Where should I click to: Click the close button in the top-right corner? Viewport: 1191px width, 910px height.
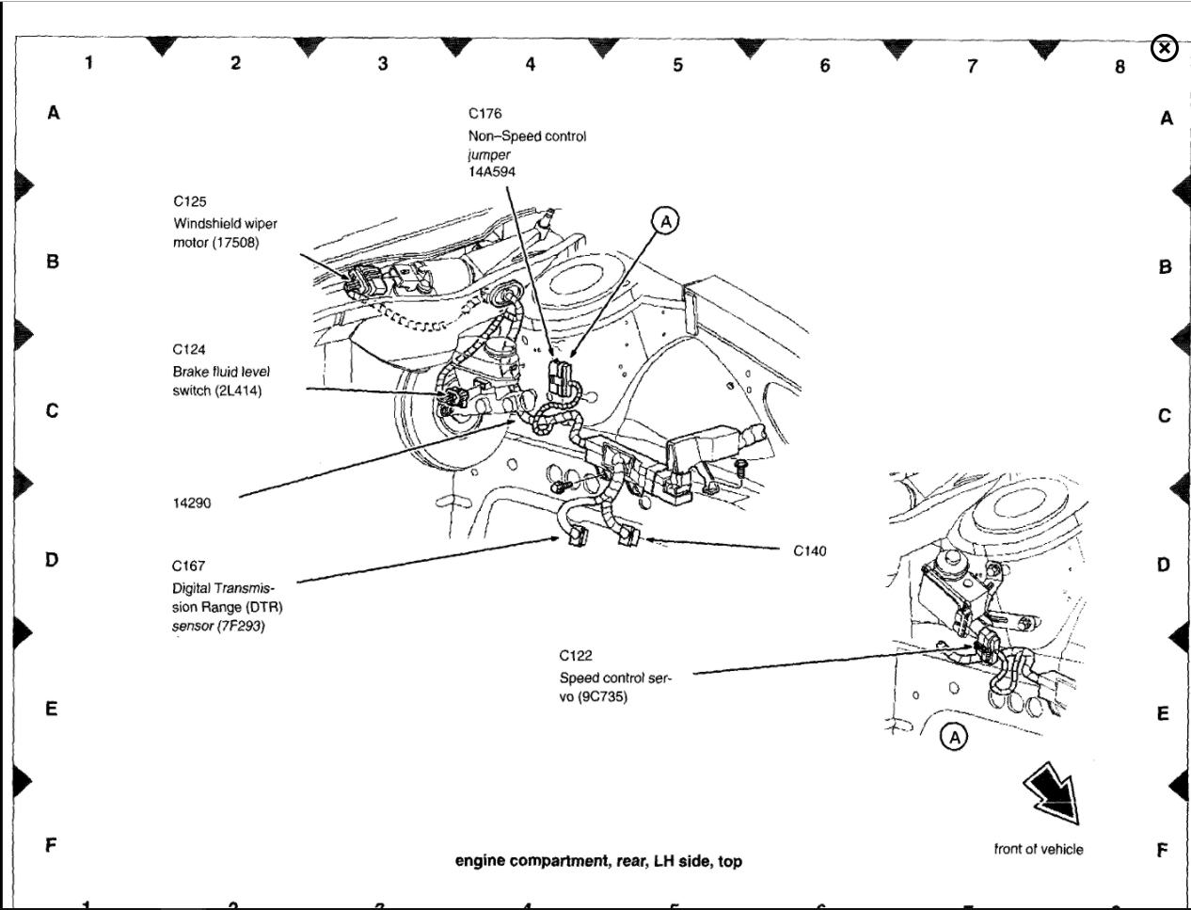coord(1164,48)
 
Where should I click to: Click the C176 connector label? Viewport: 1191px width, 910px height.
coord(484,114)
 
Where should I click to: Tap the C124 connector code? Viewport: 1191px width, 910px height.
coord(189,350)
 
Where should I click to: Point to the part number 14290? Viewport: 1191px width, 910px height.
coord(192,503)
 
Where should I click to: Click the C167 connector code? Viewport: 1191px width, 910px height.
coord(188,567)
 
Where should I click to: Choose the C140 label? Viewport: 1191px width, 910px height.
coord(809,551)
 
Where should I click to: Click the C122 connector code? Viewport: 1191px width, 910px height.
coord(576,656)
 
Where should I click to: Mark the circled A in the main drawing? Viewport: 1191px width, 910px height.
coord(666,221)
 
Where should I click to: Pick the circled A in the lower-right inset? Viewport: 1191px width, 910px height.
coord(954,737)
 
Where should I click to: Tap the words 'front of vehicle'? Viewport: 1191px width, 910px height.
coord(1038,849)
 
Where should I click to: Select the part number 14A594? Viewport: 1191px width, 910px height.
coord(492,172)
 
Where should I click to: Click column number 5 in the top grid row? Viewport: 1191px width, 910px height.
coord(677,65)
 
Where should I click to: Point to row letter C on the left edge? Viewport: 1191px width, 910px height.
coord(53,410)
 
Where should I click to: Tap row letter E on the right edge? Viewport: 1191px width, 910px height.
coord(1163,713)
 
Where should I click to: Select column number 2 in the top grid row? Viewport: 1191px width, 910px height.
coord(235,63)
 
